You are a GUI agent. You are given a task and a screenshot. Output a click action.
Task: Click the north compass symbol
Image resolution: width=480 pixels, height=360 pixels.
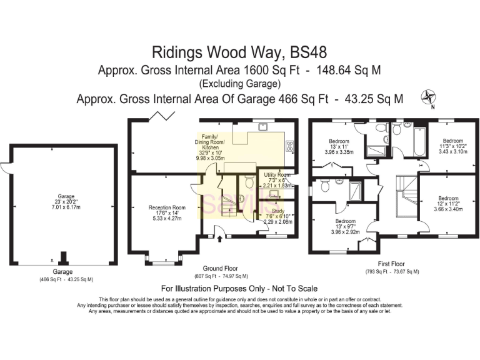click(429, 96)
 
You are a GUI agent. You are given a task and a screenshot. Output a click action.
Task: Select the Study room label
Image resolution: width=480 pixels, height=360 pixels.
click(277, 216)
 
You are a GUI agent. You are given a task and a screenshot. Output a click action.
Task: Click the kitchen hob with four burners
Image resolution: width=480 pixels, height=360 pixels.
click(290, 147)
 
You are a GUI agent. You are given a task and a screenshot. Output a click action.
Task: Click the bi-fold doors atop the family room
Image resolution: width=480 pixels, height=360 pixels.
click(164, 115)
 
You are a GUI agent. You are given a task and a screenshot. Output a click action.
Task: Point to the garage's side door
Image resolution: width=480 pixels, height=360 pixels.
click(5, 167)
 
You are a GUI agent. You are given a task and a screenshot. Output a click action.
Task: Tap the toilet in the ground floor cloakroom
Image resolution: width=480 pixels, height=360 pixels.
click(249, 182)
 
